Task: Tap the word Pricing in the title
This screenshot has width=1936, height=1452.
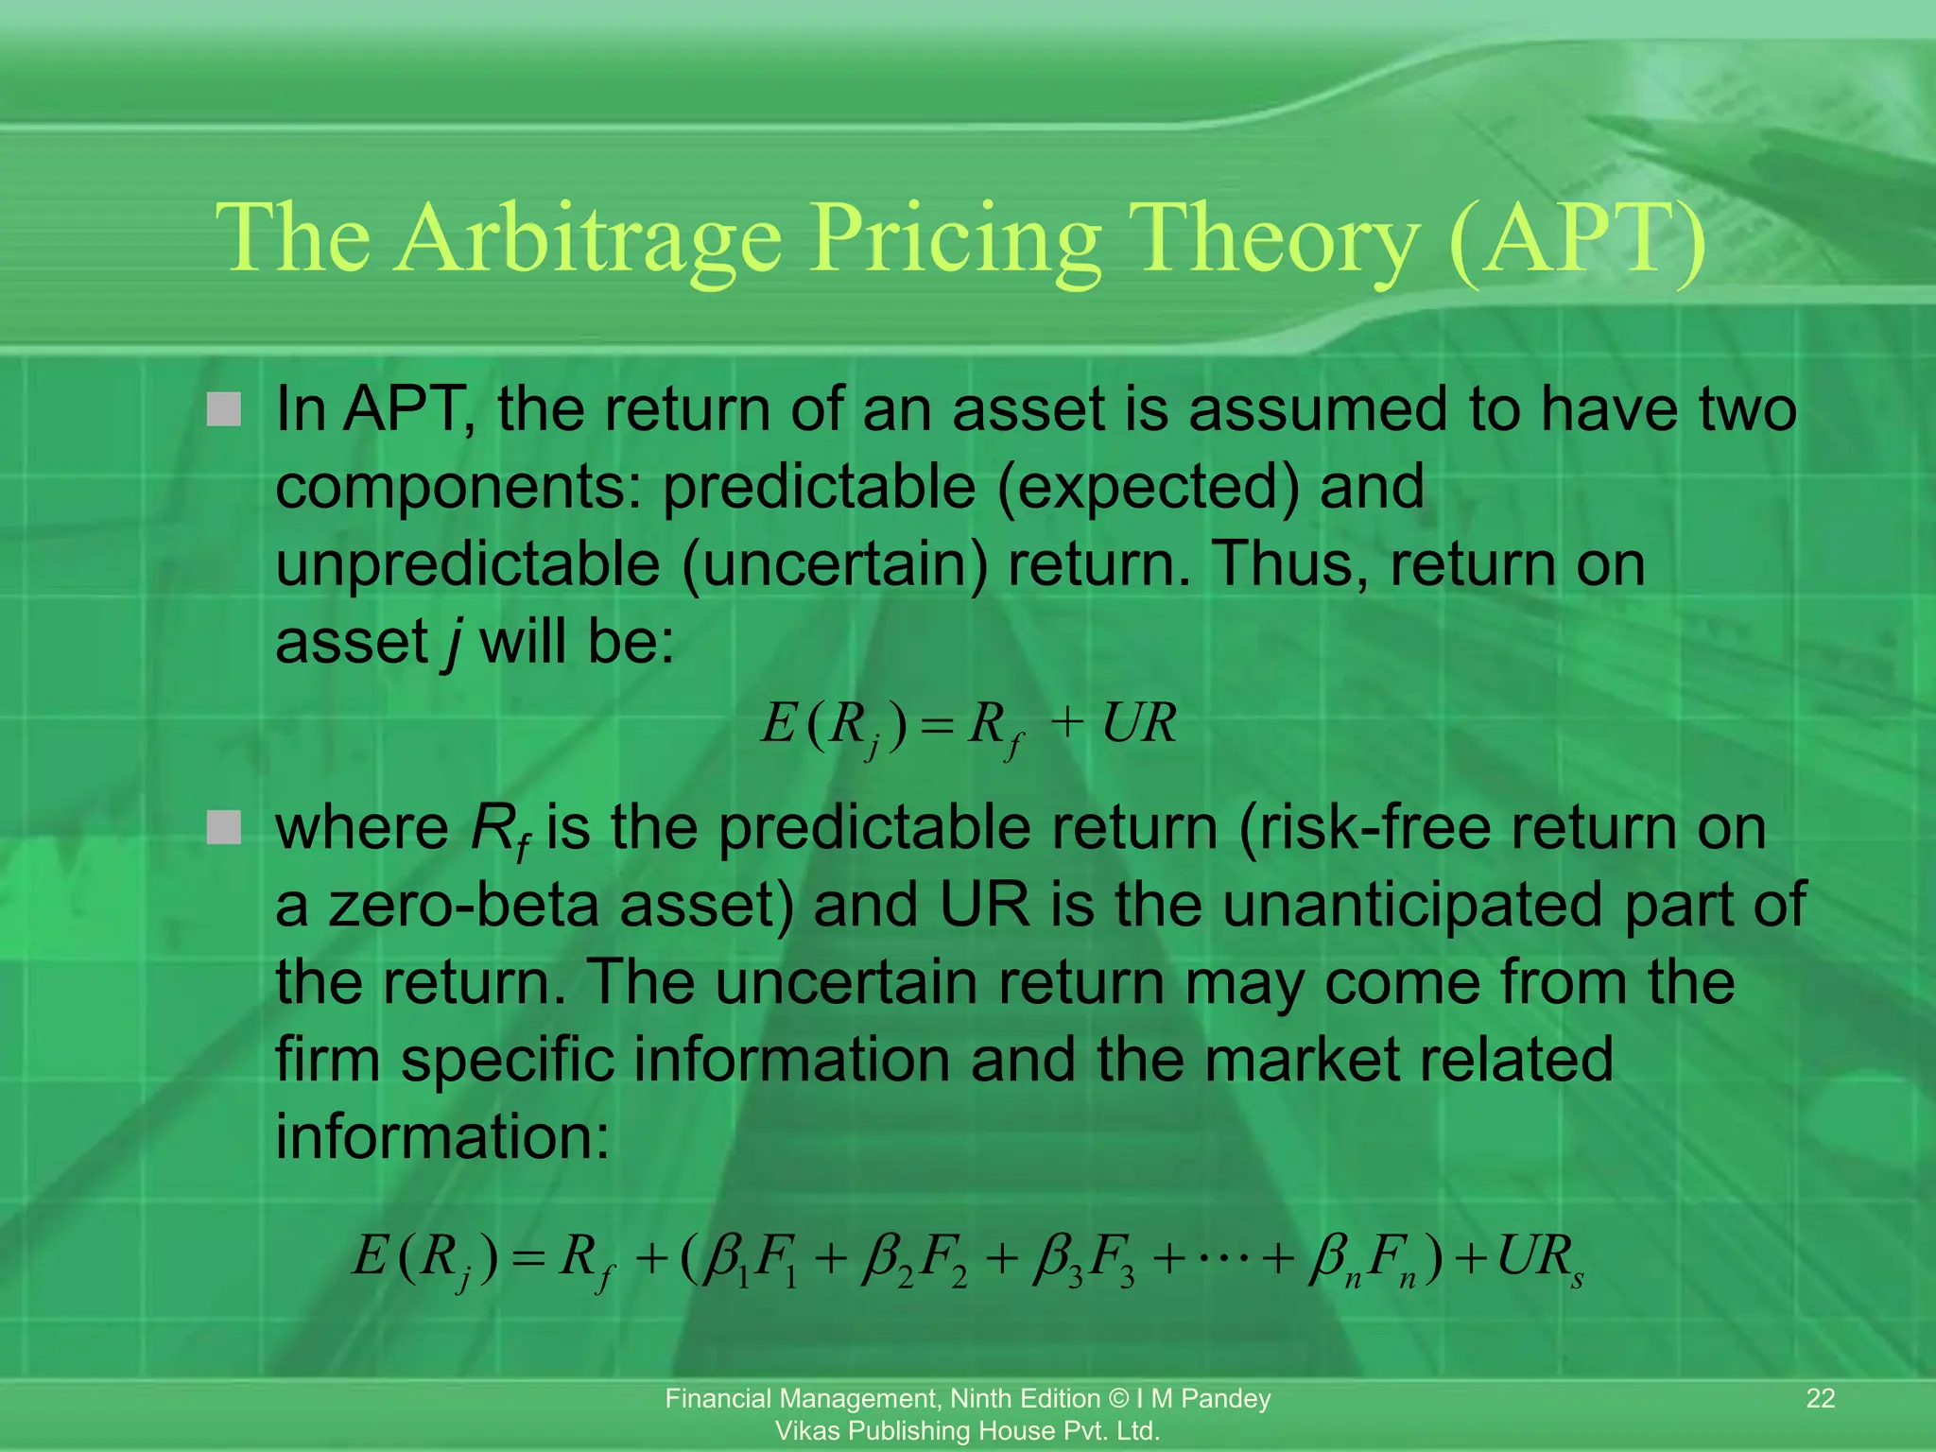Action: pyautogui.click(x=955, y=239)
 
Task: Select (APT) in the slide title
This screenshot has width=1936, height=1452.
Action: pyautogui.click(x=1576, y=239)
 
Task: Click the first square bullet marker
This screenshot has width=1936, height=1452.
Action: pyautogui.click(x=224, y=409)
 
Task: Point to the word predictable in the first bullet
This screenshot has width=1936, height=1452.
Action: pyautogui.click(x=819, y=487)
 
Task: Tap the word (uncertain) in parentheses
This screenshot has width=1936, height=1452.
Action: pyautogui.click(x=833, y=564)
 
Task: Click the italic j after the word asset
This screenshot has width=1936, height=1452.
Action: pyautogui.click(x=453, y=643)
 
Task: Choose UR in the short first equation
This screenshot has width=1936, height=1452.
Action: pyautogui.click(x=1139, y=724)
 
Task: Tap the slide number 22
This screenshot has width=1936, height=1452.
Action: pyautogui.click(x=1821, y=1398)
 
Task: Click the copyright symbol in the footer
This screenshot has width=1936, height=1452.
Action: pyautogui.click(x=1117, y=1398)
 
